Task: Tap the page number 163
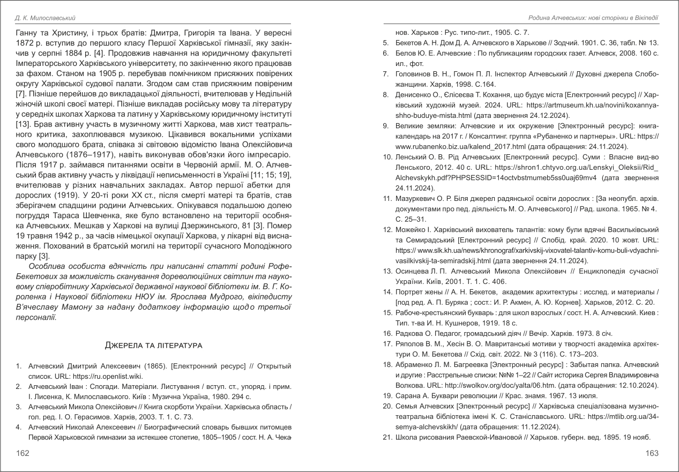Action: pos(652,453)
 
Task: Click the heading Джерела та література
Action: pos(153,344)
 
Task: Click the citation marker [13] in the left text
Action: pos(23,124)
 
